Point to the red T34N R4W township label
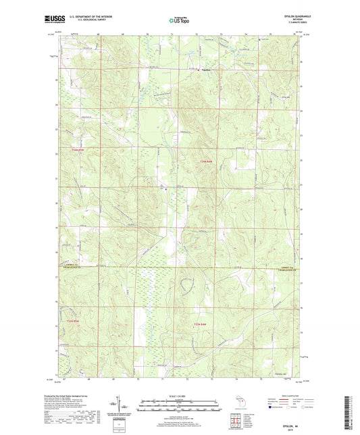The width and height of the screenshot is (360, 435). tap(207, 161)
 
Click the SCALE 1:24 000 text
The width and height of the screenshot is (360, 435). tap(179, 395)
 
